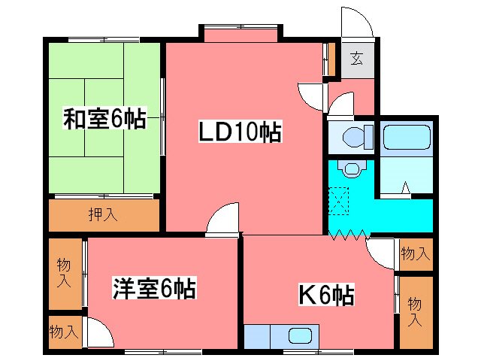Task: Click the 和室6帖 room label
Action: click(x=104, y=119)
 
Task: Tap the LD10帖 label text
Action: click(x=240, y=132)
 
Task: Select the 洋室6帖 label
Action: click(x=155, y=288)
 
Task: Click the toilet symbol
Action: click(x=351, y=138)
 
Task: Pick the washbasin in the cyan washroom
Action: click(x=349, y=167)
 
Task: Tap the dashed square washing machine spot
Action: click(x=342, y=199)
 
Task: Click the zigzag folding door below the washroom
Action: click(x=348, y=235)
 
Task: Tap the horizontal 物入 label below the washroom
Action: click(x=416, y=253)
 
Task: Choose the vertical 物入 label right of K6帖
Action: click(x=415, y=311)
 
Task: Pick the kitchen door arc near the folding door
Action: click(x=380, y=252)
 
